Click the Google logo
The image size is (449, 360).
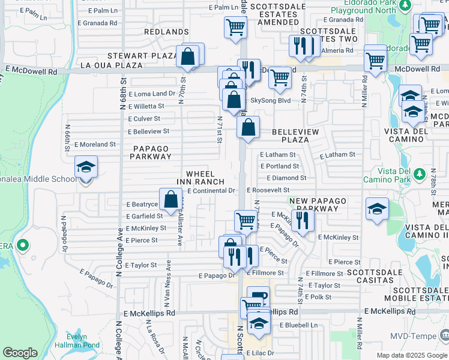coord(20,353)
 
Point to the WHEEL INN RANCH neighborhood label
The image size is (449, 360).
coord(200,178)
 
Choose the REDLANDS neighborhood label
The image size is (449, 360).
coord(166,31)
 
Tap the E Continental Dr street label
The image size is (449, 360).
coord(210,191)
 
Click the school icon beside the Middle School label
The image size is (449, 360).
coord(86,167)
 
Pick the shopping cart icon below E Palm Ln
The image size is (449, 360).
coord(235,27)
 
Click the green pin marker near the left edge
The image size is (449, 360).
coord(23,245)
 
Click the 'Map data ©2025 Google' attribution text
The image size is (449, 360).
coord(412,355)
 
